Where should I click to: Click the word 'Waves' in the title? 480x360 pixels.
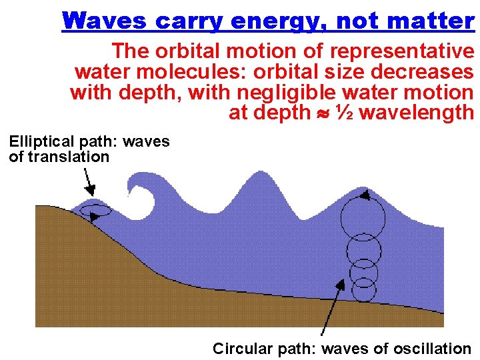pyautogui.click(x=103, y=21)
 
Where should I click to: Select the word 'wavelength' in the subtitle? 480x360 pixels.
pyautogui.click(x=417, y=113)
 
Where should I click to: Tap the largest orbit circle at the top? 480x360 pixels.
pyautogui.click(x=363, y=213)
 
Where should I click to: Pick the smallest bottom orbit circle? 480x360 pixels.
pyautogui.click(x=364, y=289)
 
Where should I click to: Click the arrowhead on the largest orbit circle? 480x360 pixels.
pyautogui.click(x=365, y=195)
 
